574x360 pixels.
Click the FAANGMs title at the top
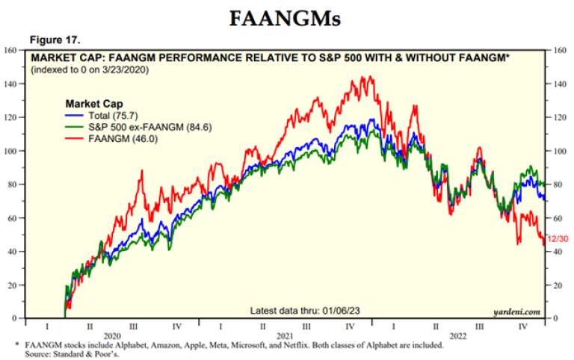(286, 19)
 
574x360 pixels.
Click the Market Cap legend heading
(94, 103)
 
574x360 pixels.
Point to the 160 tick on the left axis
(11, 50)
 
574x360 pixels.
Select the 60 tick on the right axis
(558, 218)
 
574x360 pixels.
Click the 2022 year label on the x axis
(457, 336)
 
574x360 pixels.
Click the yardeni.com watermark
(517, 311)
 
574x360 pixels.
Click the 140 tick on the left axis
(11, 84)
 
